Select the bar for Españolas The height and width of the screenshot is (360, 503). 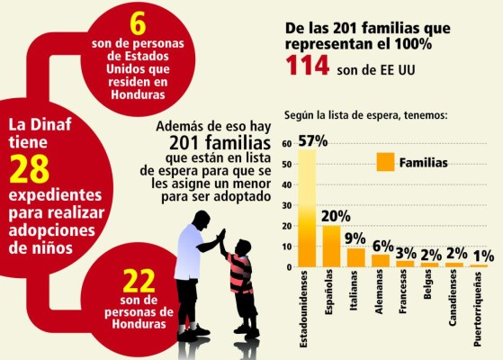pyautogui.click(x=331, y=246)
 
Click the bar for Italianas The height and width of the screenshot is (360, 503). pyautogui.click(x=356, y=257)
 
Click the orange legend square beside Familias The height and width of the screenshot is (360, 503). pyautogui.click(x=385, y=163)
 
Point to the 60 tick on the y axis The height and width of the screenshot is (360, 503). pyautogui.click(x=285, y=144)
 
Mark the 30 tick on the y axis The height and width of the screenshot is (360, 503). pyautogui.click(x=285, y=205)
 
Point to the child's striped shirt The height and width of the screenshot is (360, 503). pyautogui.click(x=238, y=272)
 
